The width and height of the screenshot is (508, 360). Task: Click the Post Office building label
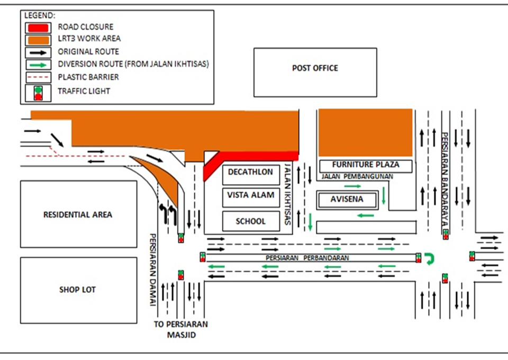pyautogui.click(x=315, y=68)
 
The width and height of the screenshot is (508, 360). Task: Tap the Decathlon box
pyautogui.click(x=251, y=172)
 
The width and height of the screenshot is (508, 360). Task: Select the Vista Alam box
pyautogui.click(x=251, y=195)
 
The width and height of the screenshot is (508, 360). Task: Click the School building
pyautogui.click(x=250, y=221)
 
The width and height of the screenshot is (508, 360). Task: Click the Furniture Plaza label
pyautogui.click(x=366, y=165)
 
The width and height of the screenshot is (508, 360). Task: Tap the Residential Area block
pyautogui.click(x=78, y=214)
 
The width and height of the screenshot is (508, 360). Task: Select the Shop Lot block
pyautogui.click(x=78, y=290)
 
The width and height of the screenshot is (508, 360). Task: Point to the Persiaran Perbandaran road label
pyautogui.click(x=307, y=258)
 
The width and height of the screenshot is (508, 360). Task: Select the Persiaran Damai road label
pyautogui.click(x=152, y=270)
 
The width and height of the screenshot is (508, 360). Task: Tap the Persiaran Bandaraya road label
pyautogui.click(x=445, y=181)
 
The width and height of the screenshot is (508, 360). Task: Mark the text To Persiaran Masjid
pyautogui.click(x=182, y=329)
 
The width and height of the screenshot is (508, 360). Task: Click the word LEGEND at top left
pyautogui.click(x=39, y=15)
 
